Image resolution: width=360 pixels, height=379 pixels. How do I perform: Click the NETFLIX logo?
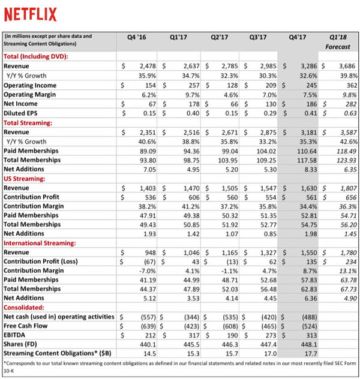31,14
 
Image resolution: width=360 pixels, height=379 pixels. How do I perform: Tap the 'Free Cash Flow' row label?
26,324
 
